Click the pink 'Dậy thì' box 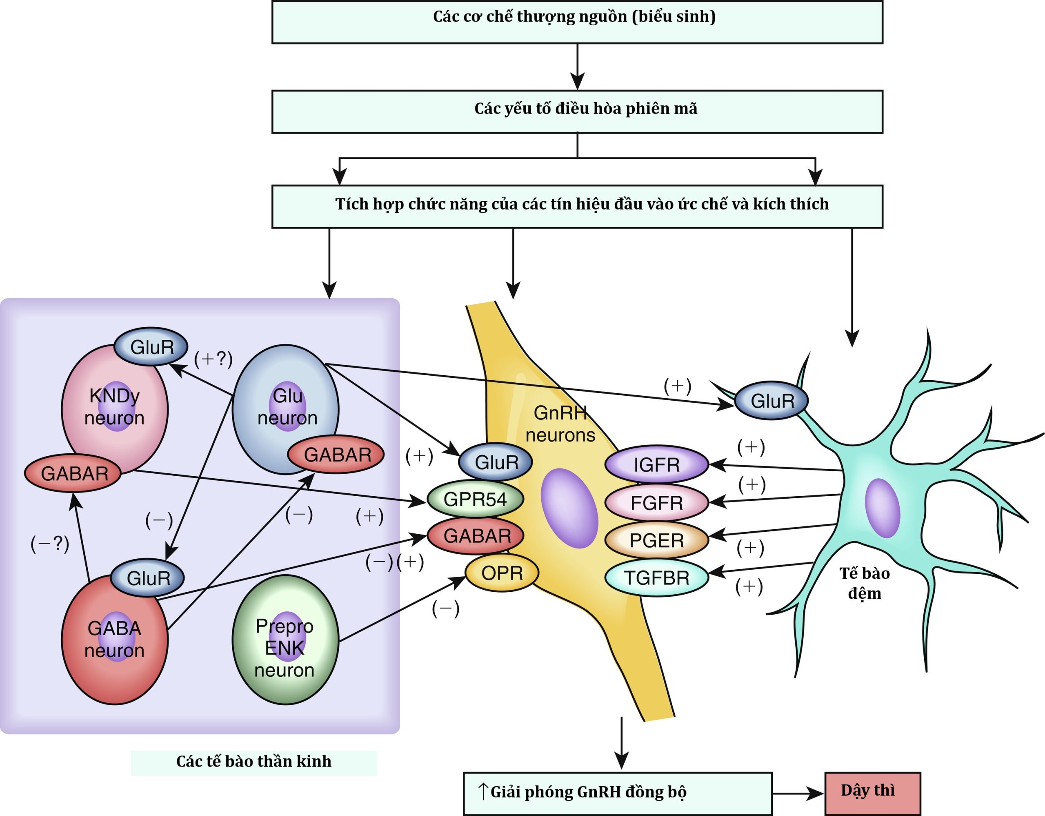pyautogui.click(x=872, y=793)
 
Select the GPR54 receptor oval pyautogui.click(x=475, y=499)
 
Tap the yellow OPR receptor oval pyautogui.click(x=501, y=573)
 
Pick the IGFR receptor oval pyautogui.click(x=656, y=465)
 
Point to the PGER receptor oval pyautogui.click(x=656, y=540)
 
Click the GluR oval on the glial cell pyautogui.click(x=772, y=401)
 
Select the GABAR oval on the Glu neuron pyautogui.click(x=336, y=455)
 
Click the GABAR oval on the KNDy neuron pyautogui.click(x=73, y=473)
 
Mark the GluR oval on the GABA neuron pyautogui.click(x=147, y=578)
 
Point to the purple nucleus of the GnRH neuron pyautogui.click(x=569, y=508)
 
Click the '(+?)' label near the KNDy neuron pyautogui.click(x=213, y=359)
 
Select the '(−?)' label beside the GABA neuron pyautogui.click(x=50, y=544)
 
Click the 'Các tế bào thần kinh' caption pyautogui.click(x=253, y=761)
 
